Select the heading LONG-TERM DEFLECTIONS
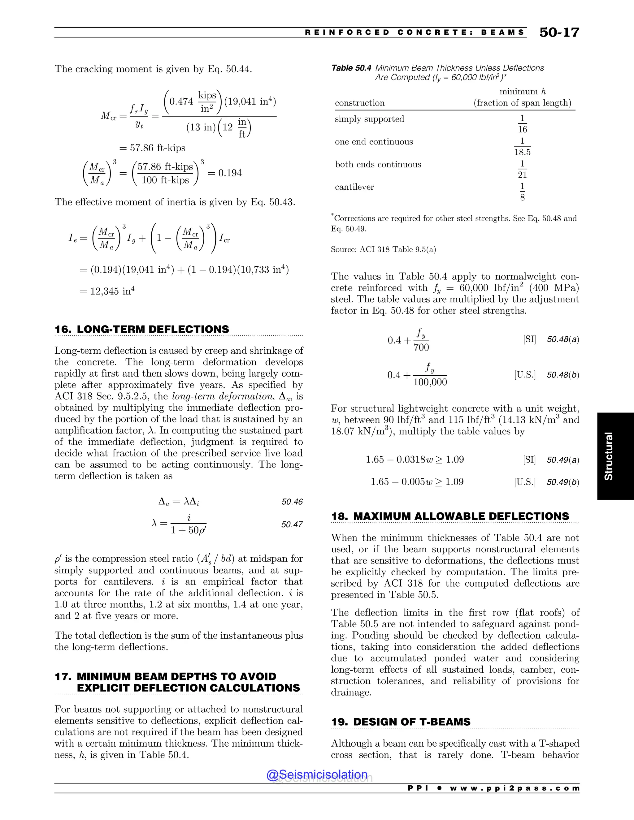point(153,329)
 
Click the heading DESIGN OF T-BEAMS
point(412,722)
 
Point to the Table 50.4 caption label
point(351,68)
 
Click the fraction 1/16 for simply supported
point(522,124)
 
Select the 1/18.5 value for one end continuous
point(522,147)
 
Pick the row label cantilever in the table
point(354,187)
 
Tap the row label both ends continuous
point(378,164)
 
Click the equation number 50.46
point(292,502)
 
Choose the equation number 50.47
point(292,524)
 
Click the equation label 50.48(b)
point(562,375)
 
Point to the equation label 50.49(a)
point(562,460)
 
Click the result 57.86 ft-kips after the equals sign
point(157,148)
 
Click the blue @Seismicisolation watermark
point(317,774)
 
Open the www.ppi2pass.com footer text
point(514,788)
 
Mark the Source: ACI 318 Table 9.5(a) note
point(383,250)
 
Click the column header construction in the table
point(359,103)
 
